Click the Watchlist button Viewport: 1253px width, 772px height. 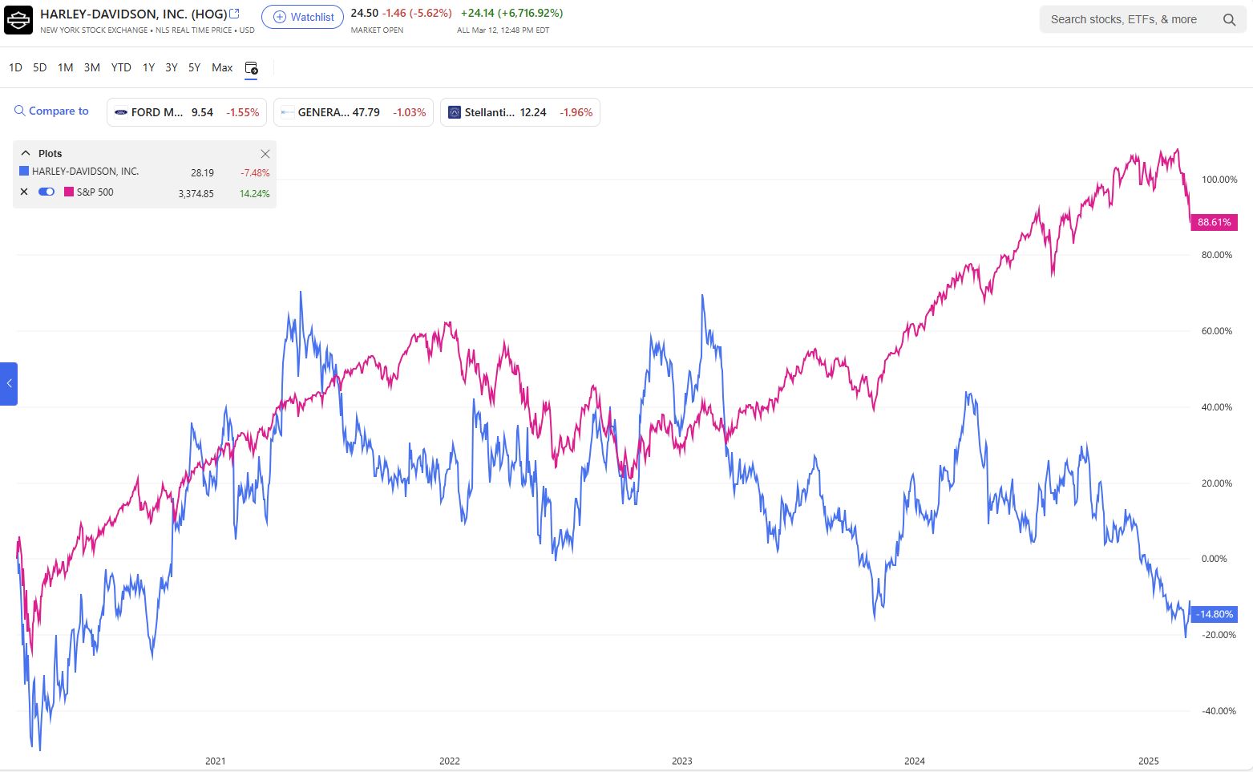pyautogui.click(x=302, y=17)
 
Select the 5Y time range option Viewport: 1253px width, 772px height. pyautogui.click(x=194, y=67)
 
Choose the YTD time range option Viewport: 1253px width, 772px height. pyautogui.click(x=121, y=67)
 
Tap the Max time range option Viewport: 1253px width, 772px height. pyautogui.click(x=222, y=67)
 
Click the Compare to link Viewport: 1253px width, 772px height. pyautogui.click(x=52, y=111)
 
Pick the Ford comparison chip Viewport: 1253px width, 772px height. pyautogui.click(x=187, y=112)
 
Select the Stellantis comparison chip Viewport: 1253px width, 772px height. pyautogui.click(x=519, y=112)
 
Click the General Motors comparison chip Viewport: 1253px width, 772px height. pyautogui.click(x=353, y=112)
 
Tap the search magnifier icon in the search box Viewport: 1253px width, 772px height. pyautogui.click(x=1229, y=20)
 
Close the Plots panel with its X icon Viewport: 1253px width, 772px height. pyautogui.click(x=265, y=154)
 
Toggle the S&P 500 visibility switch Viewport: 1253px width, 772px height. pyautogui.click(x=46, y=192)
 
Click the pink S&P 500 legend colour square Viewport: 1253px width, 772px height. pyautogui.click(x=69, y=192)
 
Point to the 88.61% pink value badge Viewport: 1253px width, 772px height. pyautogui.click(x=1214, y=222)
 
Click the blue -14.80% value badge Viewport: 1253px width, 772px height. pyautogui.click(x=1214, y=614)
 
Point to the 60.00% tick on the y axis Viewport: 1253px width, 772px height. pyautogui.click(x=1216, y=331)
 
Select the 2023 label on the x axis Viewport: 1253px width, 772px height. pyautogui.click(x=681, y=761)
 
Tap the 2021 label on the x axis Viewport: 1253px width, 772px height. pyautogui.click(x=215, y=761)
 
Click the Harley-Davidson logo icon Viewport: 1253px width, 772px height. pyautogui.click(x=18, y=20)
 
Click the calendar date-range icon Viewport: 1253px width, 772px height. pyautogui.click(x=251, y=68)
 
